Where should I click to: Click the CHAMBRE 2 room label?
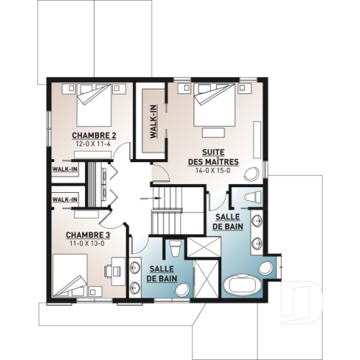point(94,136)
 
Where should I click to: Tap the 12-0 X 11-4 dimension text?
point(94,144)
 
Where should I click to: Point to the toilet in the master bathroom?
point(249,196)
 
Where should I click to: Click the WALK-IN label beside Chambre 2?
point(65,169)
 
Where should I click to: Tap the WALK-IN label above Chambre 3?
point(65,199)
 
